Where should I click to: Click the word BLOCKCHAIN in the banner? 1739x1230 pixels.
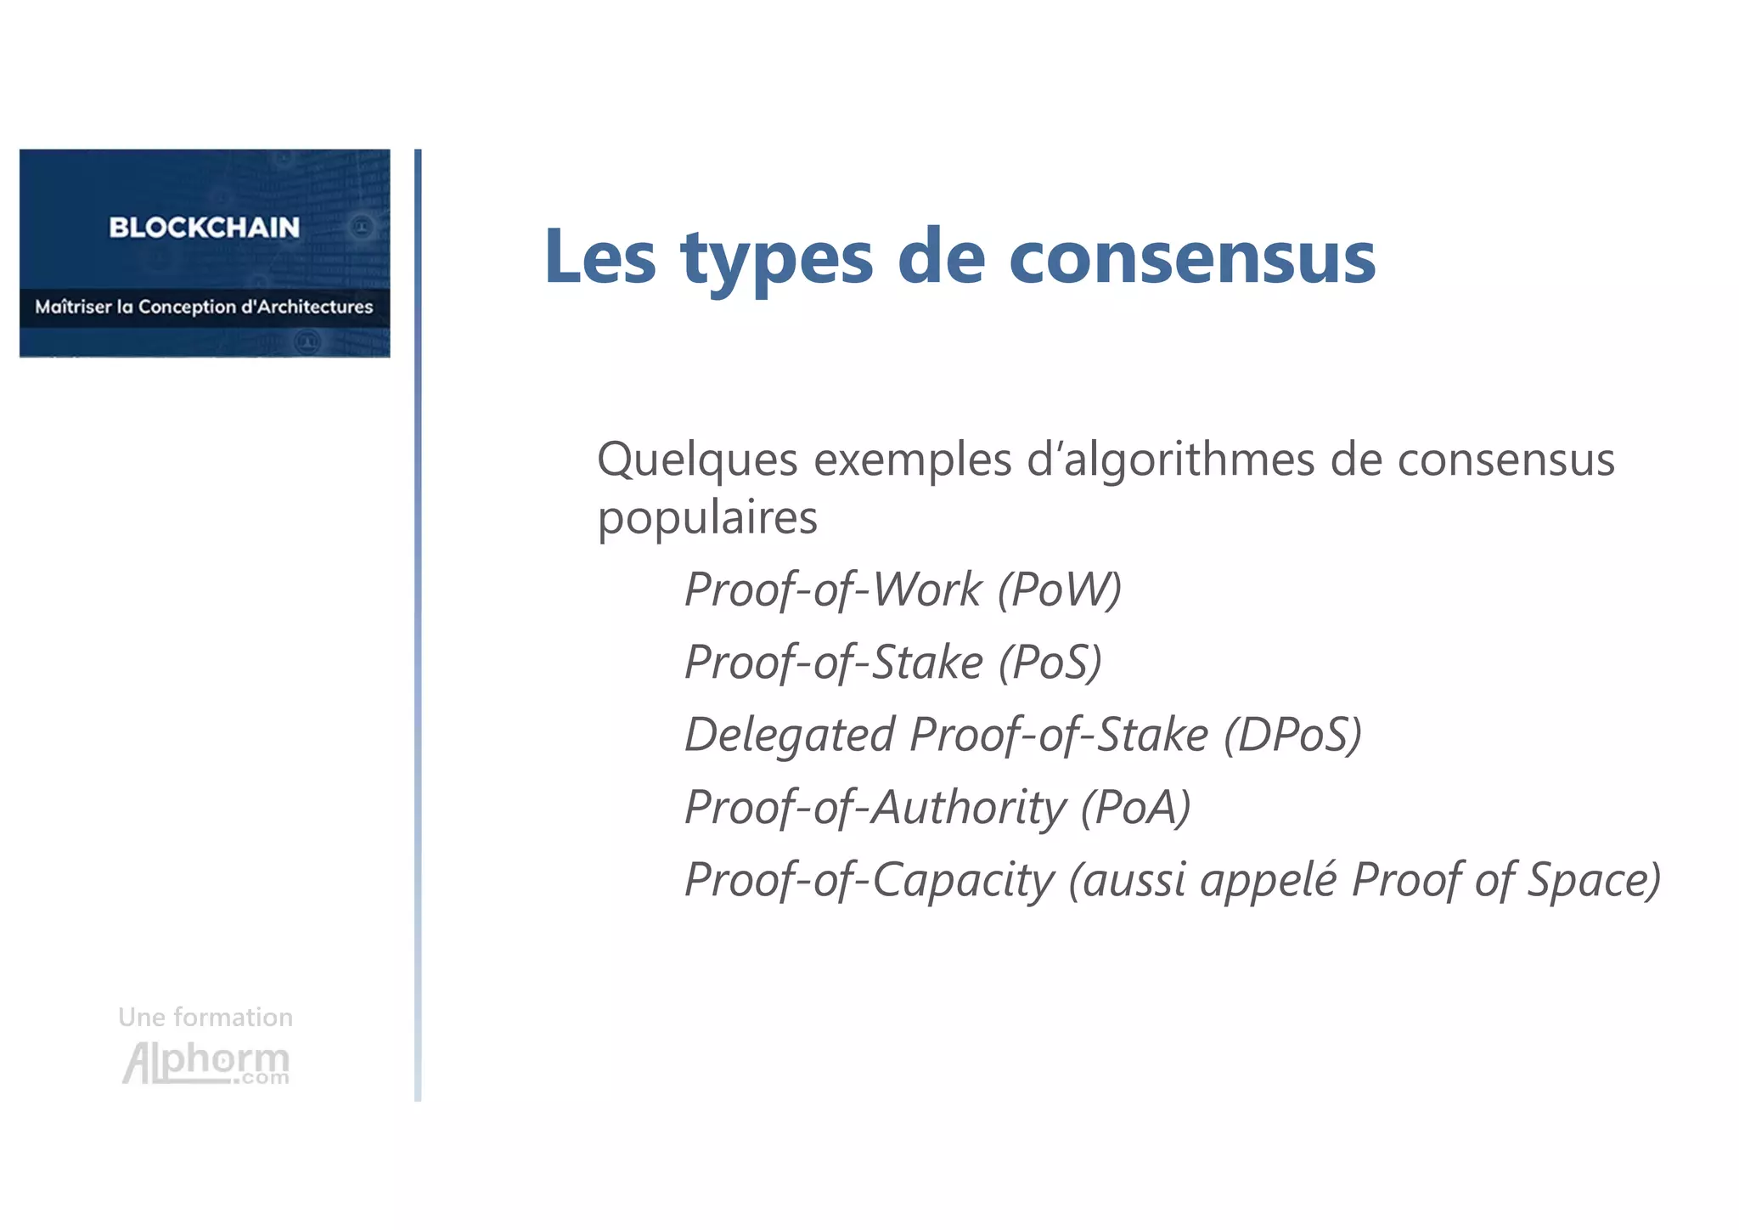point(204,228)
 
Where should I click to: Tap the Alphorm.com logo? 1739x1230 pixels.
point(206,1063)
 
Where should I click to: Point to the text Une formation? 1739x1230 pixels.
point(205,1017)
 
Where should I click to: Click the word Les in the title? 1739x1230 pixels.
point(599,257)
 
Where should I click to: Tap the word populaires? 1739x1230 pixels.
point(707,517)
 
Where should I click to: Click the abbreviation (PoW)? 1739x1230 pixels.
point(1059,590)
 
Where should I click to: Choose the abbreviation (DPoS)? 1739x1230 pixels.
point(1292,734)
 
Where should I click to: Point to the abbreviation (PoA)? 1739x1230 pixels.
point(1135,807)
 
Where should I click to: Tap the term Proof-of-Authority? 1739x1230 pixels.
point(875,808)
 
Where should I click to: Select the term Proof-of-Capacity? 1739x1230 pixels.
point(869,880)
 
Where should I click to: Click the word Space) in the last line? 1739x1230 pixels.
point(1594,880)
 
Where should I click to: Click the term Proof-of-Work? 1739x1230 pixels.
point(833,590)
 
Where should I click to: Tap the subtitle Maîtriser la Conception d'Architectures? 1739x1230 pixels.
point(204,307)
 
